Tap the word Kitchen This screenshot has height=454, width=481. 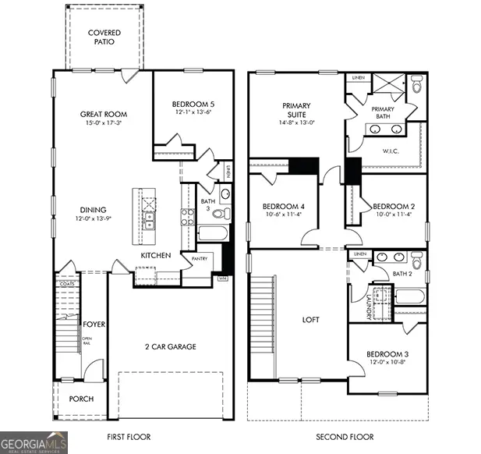(155, 256)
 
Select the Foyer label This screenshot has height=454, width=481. (96, 324)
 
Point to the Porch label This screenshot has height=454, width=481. (81, 399)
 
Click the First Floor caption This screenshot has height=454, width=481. (129, 437)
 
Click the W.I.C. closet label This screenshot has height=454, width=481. (391, 151)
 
